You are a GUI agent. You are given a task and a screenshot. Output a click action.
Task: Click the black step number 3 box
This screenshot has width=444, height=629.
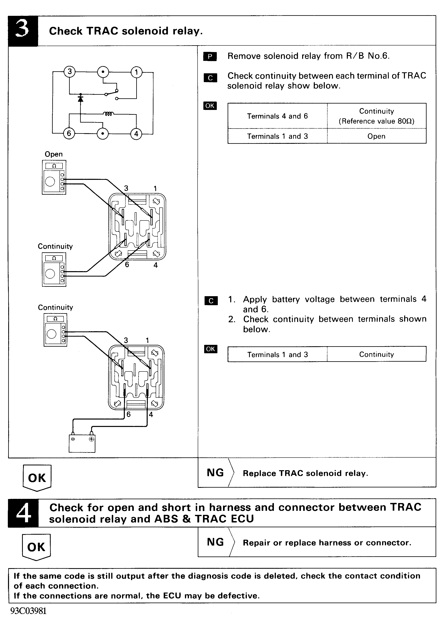click(x=23, y=31)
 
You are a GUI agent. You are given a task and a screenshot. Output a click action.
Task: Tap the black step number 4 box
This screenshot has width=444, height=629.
click(x=23, y=513)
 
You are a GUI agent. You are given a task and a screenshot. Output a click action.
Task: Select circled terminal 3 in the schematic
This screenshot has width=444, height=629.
click(x=70, y=72)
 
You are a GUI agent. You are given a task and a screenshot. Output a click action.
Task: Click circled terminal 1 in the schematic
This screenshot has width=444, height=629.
click(x=136, y=72)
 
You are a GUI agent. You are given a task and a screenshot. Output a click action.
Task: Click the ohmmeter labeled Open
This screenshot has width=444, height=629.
click(x=54, y=177)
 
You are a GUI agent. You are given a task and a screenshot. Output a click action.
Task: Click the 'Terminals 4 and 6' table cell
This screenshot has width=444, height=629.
click(x=277, y=116)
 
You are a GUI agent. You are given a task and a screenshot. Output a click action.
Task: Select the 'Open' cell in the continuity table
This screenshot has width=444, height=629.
click(x=376, y=136)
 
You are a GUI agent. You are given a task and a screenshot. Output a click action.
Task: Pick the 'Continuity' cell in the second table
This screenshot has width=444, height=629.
click(x=376, y=354)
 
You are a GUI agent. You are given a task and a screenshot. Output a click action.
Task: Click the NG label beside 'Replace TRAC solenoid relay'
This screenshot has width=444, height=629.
click(x=215, y=473)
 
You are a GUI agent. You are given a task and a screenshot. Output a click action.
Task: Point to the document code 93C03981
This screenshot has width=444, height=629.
click(x=28, y=611)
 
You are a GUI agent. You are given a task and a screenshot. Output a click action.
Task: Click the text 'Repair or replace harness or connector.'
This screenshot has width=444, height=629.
click(x=327, y=543)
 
